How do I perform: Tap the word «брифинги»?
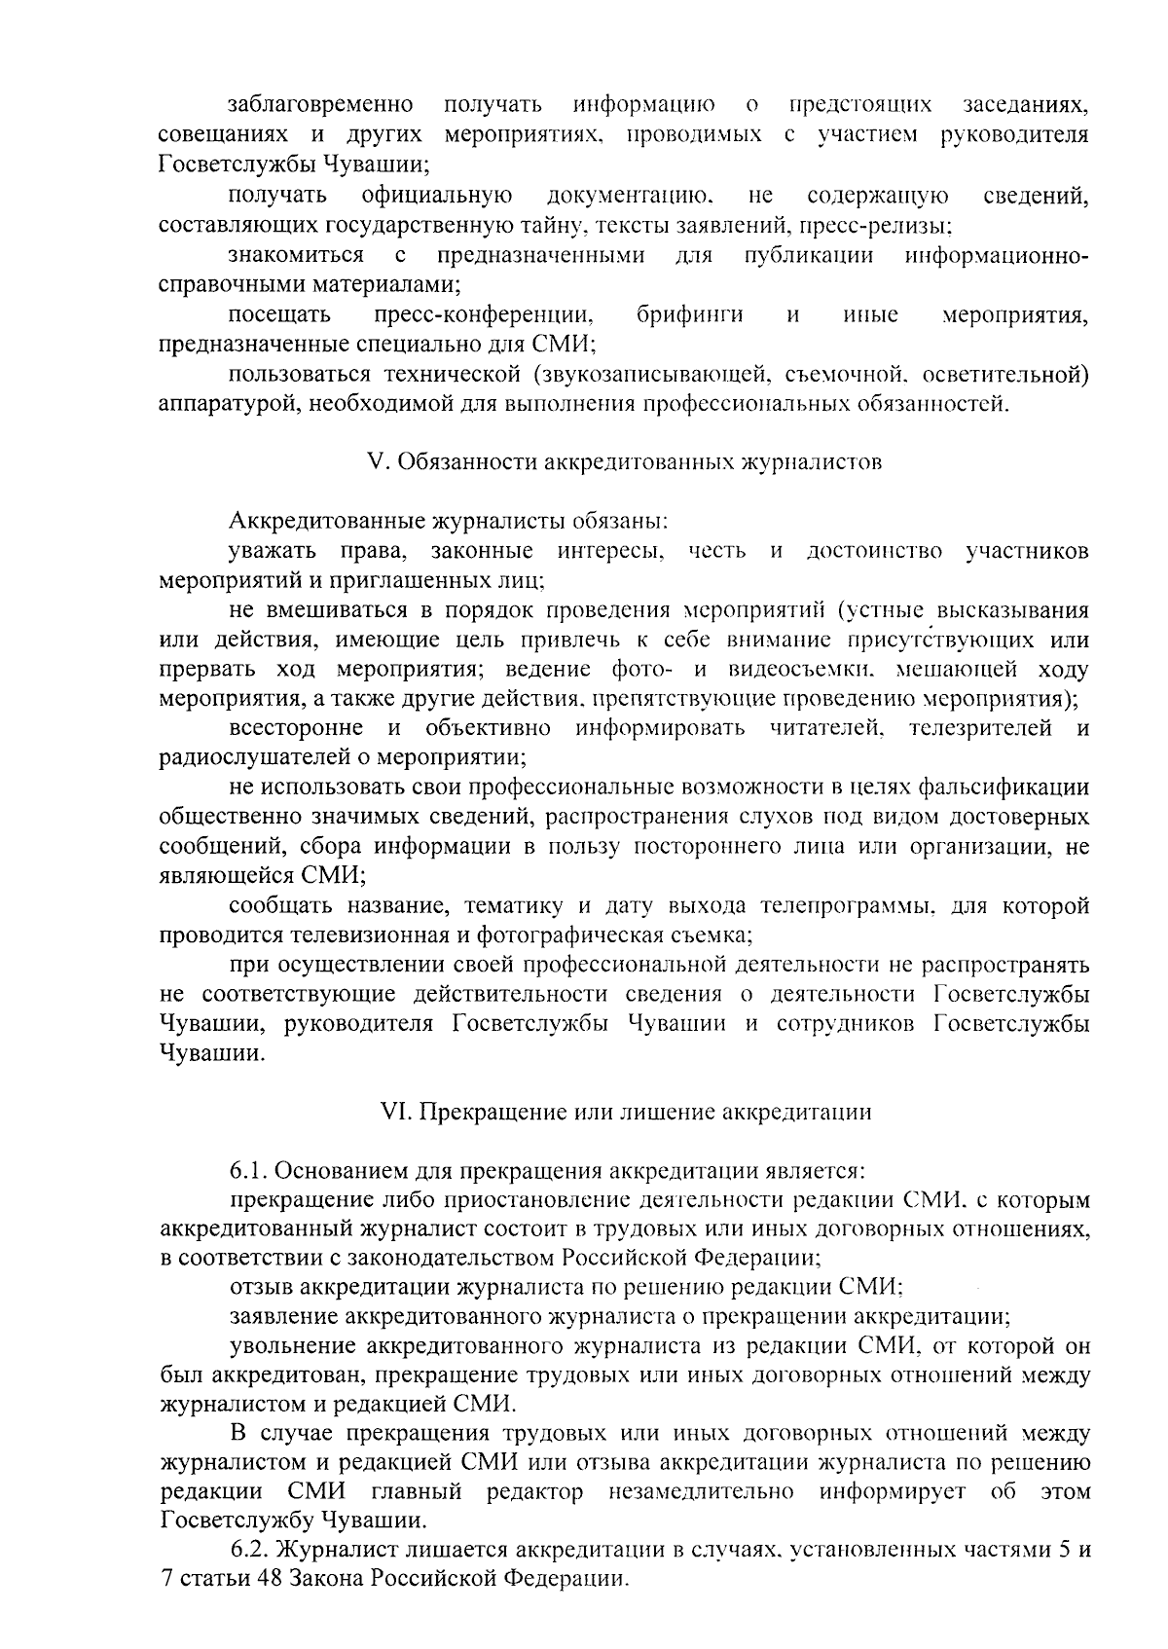coord(690,314)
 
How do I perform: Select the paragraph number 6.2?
coord(248,1548)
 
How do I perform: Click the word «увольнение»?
coord(282,1347)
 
